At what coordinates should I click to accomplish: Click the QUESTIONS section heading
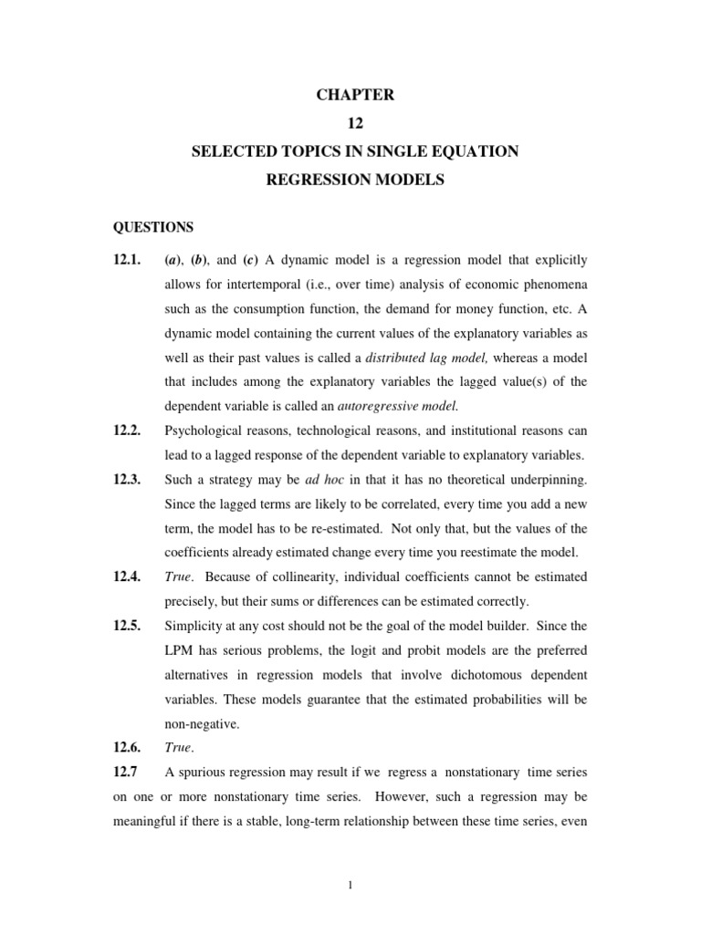coord(152,226)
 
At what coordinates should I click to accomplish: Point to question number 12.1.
coord(127,260)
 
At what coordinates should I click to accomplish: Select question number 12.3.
coord(127,478)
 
